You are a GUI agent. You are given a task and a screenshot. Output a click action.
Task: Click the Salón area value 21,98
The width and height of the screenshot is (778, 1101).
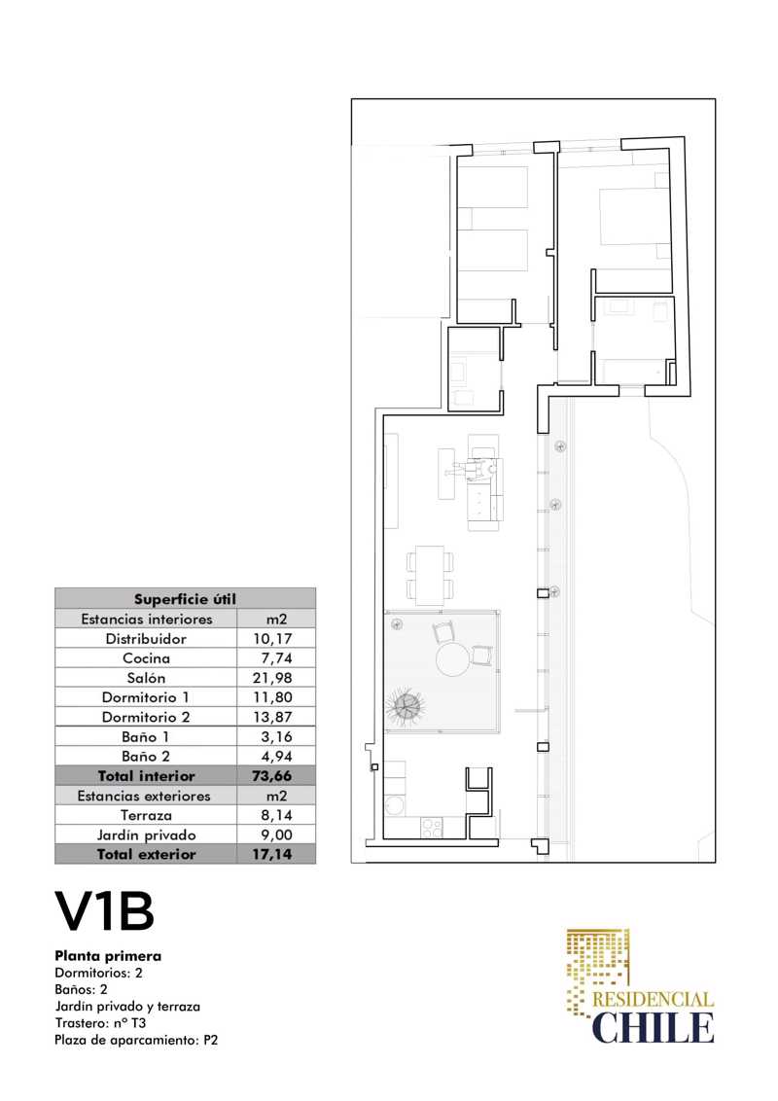(x=271, y=678)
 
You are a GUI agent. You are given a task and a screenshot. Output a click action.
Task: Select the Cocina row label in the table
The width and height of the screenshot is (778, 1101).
(x=146, y=657)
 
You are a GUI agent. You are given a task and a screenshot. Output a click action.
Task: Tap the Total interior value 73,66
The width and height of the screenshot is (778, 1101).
(x=271, y=776)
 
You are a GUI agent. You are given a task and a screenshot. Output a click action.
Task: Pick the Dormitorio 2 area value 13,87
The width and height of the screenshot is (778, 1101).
(x=271, y=717)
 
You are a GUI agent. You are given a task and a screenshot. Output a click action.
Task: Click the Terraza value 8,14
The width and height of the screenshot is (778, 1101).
(x=275, y=815)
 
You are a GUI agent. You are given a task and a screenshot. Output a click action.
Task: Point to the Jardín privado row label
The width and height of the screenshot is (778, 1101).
(x=146, y=835)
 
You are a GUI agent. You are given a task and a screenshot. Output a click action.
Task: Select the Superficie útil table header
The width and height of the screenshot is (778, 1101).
(x=186, y=599)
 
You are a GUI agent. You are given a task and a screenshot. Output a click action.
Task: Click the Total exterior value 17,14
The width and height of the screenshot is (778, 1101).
(x=271, y=855)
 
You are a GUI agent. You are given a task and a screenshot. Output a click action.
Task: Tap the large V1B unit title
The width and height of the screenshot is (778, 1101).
(x=105, y=911)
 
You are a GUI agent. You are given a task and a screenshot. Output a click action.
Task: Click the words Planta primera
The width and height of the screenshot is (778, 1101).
(x=108, y=956)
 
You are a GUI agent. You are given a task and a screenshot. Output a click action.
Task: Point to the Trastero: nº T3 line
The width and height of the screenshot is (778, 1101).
(x=100, y=1023)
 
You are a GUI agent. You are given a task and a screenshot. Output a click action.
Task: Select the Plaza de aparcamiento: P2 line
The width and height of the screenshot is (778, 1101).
(x=136, y=1040)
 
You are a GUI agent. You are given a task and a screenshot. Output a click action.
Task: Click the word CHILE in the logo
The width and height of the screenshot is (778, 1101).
(x=653, y=1027)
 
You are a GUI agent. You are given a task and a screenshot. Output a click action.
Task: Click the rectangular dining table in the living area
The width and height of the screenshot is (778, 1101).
(x=430, y=575)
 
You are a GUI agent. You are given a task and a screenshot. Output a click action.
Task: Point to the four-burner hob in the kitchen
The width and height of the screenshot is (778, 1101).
(x=431, y=827)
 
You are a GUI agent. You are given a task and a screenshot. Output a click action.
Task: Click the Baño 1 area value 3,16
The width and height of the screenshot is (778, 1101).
(x=275, y=736)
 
